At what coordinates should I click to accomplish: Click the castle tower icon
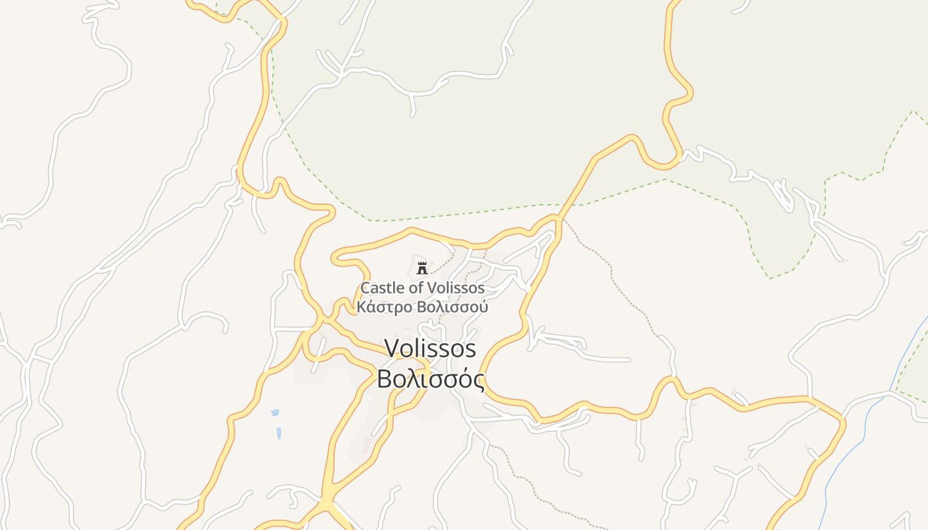pos(422,268)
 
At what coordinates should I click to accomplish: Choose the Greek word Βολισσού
pos(453,307)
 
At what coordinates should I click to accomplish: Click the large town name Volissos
pos(430,348)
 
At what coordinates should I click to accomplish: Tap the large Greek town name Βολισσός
pos(430,379)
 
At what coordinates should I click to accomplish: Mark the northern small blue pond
pos(275,413)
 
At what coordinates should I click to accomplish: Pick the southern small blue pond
pos(279,433)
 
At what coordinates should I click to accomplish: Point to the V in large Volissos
pos(392,348)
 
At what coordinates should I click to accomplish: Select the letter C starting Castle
pos(365,288)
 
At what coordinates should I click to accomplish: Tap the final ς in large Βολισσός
pos(479,380)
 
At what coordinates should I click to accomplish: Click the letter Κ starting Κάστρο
pos(361,307)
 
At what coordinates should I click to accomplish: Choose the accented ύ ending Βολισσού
pos(484,307)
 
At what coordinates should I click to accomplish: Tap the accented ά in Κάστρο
pos(371,307)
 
